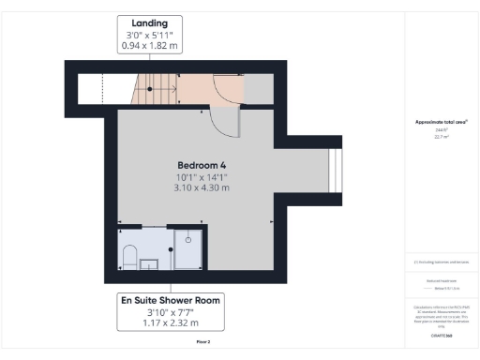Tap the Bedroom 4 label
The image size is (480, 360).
(202, 164)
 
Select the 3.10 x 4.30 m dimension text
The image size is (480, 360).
(202, 187)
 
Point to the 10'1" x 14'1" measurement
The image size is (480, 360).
(202, 176)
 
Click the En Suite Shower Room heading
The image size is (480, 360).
(170, 301)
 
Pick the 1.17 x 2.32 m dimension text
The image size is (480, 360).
(170, 324)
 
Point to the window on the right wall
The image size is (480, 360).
(333, 170)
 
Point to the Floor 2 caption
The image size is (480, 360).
(202, 342)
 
